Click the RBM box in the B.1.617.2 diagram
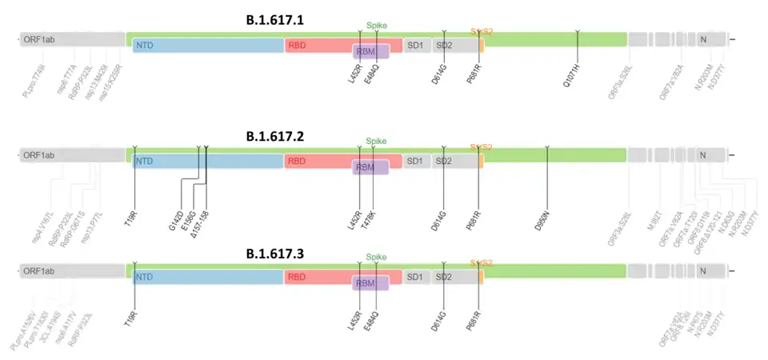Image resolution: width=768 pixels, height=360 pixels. (370, 167)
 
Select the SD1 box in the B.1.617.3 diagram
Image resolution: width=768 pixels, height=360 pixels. (416, 277)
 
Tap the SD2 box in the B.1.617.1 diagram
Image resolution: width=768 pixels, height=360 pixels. (444, 45)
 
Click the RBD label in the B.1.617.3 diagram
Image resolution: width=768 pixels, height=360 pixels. (298, 277)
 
